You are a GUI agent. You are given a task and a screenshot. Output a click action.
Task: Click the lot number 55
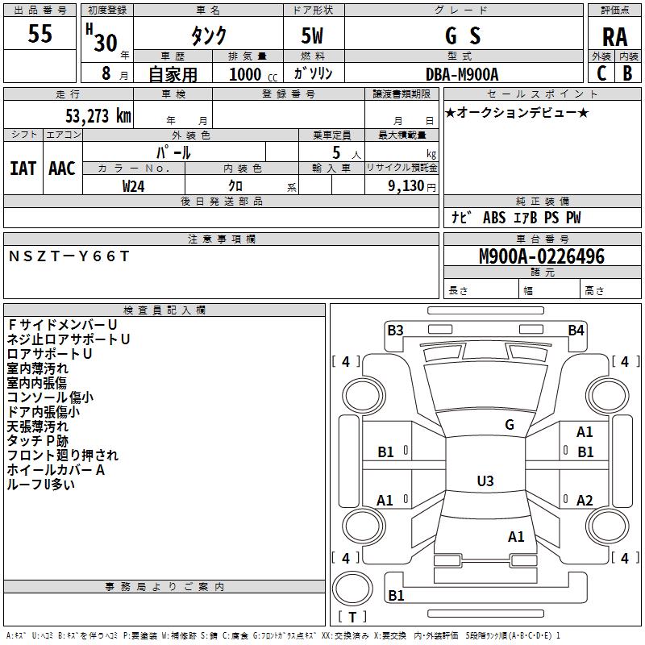click(x=40, y=33)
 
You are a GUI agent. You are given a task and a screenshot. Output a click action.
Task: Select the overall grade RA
click(x=614, y=37)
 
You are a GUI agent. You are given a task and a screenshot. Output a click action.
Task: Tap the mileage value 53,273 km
click(x=98, y=116)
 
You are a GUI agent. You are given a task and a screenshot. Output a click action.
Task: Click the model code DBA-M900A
click(x=462, y=74)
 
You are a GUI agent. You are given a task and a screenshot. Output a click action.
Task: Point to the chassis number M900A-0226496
click(x=542, y=256)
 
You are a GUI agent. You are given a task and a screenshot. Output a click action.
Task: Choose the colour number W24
click(x=133, y=186)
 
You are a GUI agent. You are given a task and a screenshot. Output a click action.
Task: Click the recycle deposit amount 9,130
click(x=406, y=185)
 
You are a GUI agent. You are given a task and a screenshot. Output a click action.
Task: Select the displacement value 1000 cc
click(x=253, y=74)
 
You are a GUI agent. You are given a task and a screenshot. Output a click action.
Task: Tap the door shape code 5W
click(x=312, y=35)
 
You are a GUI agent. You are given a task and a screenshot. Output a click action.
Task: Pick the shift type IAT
click(x=23, y=169)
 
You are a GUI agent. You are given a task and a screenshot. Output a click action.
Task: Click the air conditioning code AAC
click(x=62, y=169)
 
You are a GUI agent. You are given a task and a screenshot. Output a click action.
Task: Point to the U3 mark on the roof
click(x=485, y=481)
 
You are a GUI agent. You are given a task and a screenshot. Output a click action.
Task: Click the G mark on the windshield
click(x=510, y=425)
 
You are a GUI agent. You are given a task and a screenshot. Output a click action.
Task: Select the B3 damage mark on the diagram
click(x=395, y=331)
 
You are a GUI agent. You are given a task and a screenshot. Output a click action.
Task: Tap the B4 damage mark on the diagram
click(x=576, y=331)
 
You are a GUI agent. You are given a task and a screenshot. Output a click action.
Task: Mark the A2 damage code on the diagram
click(x=585, y=500)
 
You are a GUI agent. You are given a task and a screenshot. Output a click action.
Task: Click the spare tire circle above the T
click(x=352, y=589)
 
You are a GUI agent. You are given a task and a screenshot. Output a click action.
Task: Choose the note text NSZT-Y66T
click(x=69, y=256)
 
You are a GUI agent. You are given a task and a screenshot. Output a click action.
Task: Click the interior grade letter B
click(x=628, y=73)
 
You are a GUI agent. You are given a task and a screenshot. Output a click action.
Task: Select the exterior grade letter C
click(x=601, y=73)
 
